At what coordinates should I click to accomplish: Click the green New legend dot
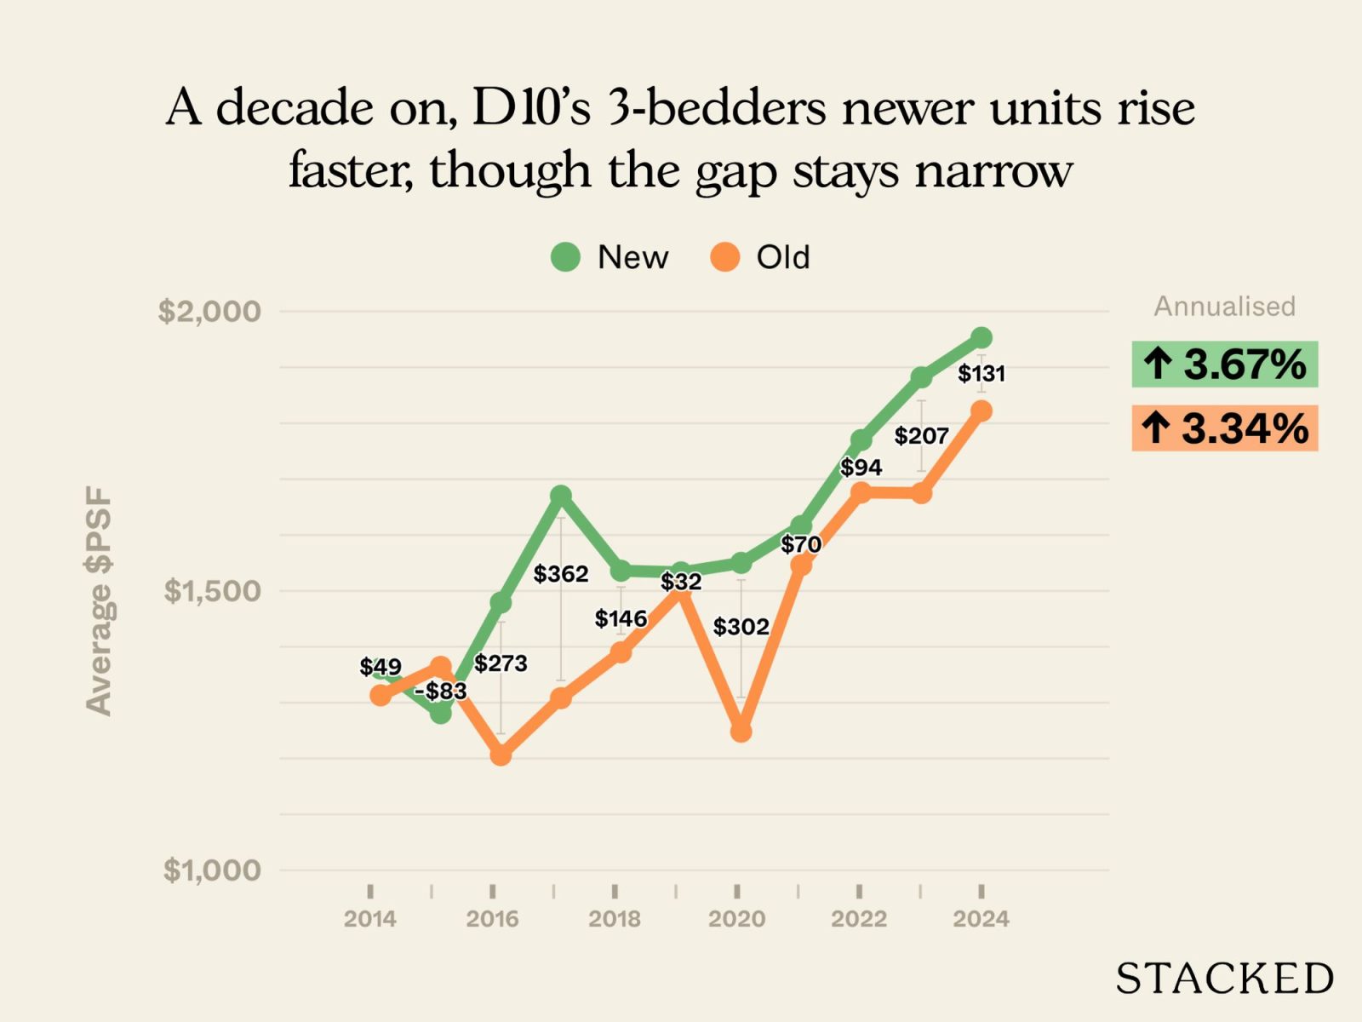[565, 256]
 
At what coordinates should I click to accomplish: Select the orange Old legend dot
[724, 256]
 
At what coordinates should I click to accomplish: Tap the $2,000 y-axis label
[209, 311]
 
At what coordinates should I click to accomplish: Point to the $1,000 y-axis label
[212, 870]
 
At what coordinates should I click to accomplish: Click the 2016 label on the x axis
[492, 919]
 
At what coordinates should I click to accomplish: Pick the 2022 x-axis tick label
[859, 919]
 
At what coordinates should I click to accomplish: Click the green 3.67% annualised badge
[1224, 365]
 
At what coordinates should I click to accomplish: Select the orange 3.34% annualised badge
[1224, 428]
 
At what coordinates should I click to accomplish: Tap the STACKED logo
[1224, 979]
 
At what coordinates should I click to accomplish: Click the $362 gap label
[561, 574]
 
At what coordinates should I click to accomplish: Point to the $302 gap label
[741, 627]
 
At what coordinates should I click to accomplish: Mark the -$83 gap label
[441, 691]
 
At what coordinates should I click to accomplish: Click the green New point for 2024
[981, 337]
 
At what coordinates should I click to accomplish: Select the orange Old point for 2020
[741, 732]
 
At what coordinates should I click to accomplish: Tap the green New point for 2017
[560, 495]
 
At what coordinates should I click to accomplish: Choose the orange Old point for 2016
[501, 755]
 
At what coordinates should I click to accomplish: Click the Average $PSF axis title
[99, 600]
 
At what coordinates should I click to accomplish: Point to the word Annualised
[1224, 307]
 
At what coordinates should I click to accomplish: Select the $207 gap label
[921, 436]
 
